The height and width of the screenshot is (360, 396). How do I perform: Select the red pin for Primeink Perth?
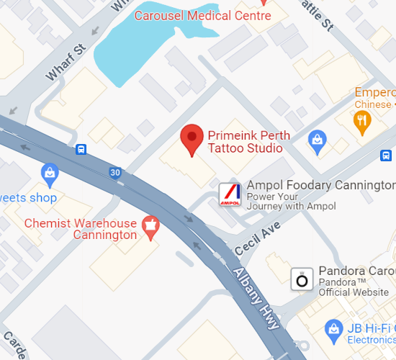click(x=192, y=138)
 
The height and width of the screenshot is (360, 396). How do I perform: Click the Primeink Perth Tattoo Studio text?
click(x=245, y=141)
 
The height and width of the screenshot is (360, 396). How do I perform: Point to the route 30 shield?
click(x=115, y=172)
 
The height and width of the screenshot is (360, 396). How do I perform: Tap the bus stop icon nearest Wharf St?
click(x=81, y=150)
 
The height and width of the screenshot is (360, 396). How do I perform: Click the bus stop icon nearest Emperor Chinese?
click(x=387, y=155)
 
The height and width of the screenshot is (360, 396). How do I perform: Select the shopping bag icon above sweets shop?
click(x=50, y=173)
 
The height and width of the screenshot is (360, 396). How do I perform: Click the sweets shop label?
click(x=28, y=197)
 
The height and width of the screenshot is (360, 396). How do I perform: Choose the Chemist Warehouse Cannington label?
click(x=81, y=229)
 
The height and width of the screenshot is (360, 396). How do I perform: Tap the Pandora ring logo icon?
click(x=302, y=279)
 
